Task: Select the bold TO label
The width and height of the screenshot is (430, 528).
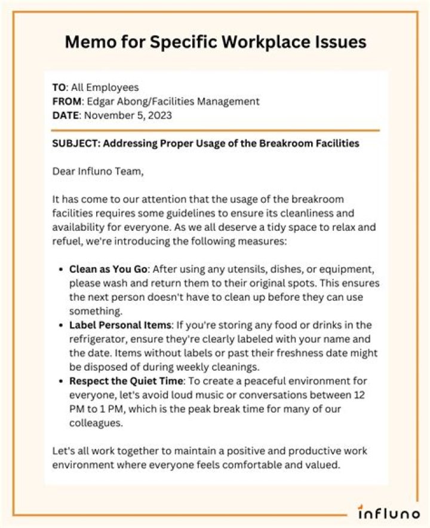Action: (58, 88)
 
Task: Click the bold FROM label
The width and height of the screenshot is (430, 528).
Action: (65, 102)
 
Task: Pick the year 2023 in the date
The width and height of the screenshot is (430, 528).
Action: (160, 115)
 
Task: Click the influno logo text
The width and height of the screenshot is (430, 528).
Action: (388, 512)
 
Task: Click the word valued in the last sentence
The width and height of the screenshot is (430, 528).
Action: (323, 465)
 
